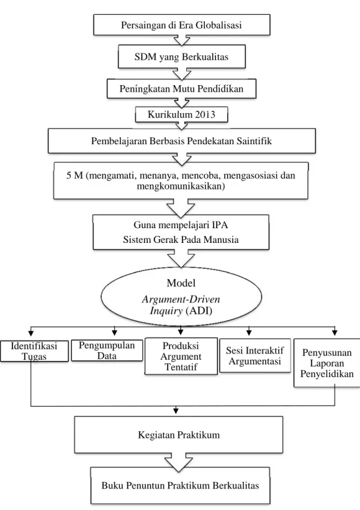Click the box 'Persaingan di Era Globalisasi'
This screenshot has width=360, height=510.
(182, 25)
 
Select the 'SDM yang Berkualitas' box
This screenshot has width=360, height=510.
(182, 57)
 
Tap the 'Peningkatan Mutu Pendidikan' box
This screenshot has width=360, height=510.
(182, 88)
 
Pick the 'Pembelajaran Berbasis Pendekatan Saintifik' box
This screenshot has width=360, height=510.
(182, 141)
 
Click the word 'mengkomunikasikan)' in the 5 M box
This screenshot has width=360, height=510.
(181, 186)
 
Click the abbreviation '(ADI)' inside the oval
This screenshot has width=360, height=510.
(199, 311)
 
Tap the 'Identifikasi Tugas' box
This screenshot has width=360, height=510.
(34, 351)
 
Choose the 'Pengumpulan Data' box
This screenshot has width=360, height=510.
(107, 350)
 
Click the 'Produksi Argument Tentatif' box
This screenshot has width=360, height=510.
(181, 356)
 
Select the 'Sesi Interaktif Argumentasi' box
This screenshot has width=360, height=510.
(255, 355)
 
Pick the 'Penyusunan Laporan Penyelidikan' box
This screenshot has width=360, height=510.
(327, 363)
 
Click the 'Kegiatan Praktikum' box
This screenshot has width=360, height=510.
(179, 435)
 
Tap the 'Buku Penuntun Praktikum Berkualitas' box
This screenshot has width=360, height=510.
(181, 486)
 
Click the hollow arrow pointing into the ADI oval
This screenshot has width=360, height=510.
(181, 258)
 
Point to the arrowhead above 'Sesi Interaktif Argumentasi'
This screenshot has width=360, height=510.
(249, 332)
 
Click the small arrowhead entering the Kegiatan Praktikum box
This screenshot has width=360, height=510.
(176, 411)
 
